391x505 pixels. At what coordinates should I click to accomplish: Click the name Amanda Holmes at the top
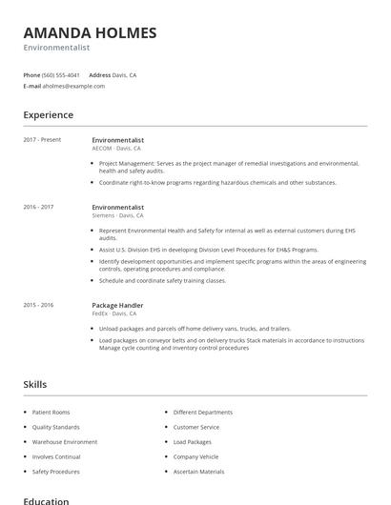point(90,33)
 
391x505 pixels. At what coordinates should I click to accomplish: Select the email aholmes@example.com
point(73,86)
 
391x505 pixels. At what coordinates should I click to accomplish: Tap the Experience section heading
point(49,115)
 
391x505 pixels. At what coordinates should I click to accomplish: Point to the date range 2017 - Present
point(42,140)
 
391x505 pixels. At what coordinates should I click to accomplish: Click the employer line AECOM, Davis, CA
point(116,149)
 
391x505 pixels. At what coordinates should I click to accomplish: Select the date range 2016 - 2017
point(38,207)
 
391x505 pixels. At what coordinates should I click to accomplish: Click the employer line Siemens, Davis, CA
point(119,215)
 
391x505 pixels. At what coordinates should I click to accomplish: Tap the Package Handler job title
point(117,305)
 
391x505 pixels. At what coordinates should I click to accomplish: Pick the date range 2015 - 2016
point(38,305)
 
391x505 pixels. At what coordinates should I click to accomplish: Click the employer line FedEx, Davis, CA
point(114,313)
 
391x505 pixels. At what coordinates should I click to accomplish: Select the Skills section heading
point(35,384)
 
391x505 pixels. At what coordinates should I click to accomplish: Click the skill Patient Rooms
point(51,413)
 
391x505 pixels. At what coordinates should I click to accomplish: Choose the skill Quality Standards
point(55,427)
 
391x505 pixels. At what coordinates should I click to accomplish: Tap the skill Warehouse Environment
point(65,442)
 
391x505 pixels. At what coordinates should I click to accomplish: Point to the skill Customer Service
point(196,427)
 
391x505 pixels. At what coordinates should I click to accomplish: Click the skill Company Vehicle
point(195,456)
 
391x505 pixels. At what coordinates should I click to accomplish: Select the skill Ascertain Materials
point(198,472)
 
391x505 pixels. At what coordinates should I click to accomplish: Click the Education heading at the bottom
point(46,500)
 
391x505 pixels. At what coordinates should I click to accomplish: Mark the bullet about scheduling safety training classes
point(162,281)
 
